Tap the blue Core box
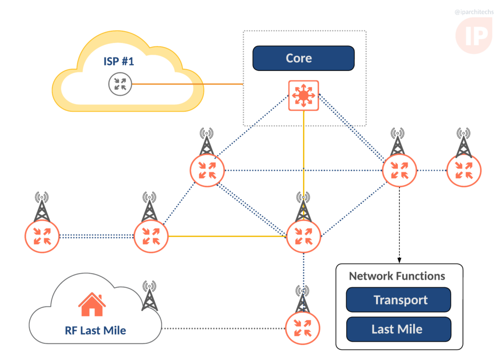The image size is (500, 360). pyautogui.click(x=303, y=58)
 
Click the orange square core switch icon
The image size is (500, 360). pyautogui.click(x=303, y=95)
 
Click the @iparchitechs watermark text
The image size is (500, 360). pyautogui.click(x=474, y=12)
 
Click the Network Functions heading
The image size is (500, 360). pyautogui.click(x=397, y=276)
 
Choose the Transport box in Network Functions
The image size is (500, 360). pyautogui.click(x=398, y=300)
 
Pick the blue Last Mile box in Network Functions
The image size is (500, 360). pyautogui.click(x=398, y=329)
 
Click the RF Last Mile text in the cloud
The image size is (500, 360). pyautogui.click(x=95, y=331)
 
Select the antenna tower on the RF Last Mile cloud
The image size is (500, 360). pyautogui.click(x=149, y=296)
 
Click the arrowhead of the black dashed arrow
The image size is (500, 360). pyautogui.click(x=400, y=259)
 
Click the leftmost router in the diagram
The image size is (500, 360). pyautogui.click(x=42, y=235)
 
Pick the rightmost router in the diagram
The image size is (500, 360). pyautogui.click(x=464, y=170)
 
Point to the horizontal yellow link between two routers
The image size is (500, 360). pyautogui.click(x=227, y=236)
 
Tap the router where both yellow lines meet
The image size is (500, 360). pyautogui.click(x=304, y=236)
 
